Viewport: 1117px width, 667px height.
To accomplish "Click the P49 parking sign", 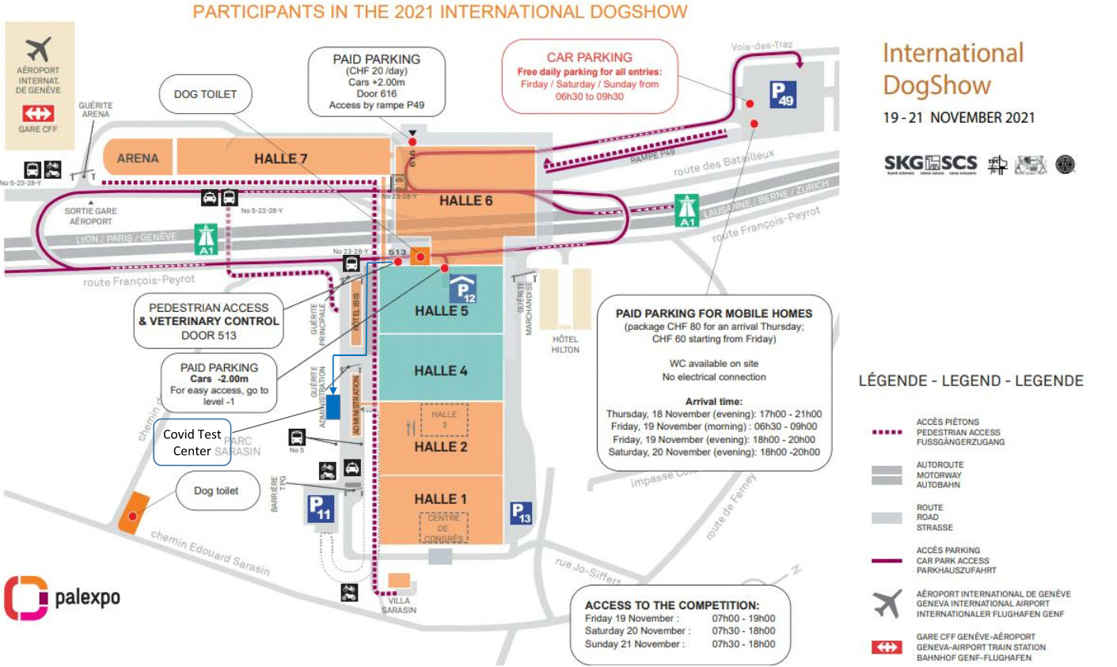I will pos(782,94).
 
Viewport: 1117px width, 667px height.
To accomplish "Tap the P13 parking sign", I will pos(520,513).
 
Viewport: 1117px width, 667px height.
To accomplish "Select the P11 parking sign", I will pos(321,507).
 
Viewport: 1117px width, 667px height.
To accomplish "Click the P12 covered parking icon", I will pos(463,290).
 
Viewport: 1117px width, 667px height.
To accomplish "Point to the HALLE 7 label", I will pos(280,158).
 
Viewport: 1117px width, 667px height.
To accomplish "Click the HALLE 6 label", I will pos(465,201).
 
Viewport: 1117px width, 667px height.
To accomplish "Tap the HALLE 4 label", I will pos(440,370).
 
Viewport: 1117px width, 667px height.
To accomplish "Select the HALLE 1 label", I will pos(440,498).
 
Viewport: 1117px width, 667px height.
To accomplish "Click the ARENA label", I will pos(138,158).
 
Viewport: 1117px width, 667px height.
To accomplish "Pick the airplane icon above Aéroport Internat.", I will pos(38,48).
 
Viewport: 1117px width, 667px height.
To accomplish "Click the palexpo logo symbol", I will pos(25,597).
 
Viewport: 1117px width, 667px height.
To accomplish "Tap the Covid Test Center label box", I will pos(192,442).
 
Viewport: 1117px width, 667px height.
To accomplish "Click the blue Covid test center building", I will pos(333,406).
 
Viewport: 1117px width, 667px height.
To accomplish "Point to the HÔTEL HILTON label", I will pos(564,344).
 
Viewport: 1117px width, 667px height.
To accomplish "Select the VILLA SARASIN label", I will pos(399,605).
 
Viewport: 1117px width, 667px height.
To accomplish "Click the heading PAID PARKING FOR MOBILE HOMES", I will pos(714,313).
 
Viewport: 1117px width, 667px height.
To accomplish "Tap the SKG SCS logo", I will pos(930,164).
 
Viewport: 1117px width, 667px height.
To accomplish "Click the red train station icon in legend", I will pos(887,647).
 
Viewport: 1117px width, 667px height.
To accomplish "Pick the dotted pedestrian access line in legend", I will pos(887,432).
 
